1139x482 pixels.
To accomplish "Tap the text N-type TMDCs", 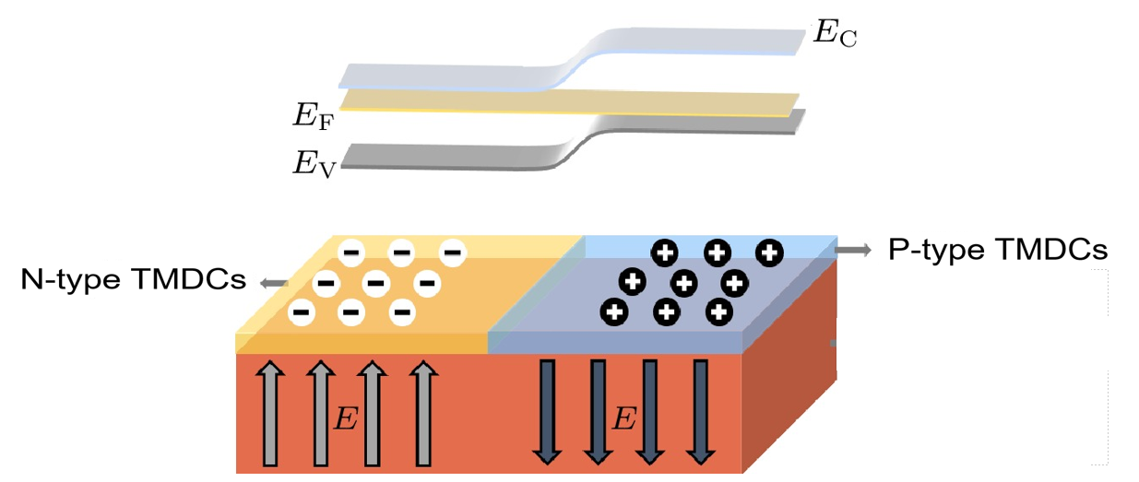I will [x=133, y=279].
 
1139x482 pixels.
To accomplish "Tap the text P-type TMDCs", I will [x=998, y=250].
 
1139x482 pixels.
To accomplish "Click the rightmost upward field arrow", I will [x=423, y=413].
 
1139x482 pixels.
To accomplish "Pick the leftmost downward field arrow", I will [x=546, y=411].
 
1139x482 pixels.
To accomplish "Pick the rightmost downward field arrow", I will [x=702, y=411].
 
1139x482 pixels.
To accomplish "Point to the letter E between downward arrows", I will [x=624, y=420].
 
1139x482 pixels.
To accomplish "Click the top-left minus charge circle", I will [x=350, y=251].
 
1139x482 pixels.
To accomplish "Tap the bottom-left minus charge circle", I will [x=300, y=312].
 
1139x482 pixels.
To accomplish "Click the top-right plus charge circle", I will [x=769, y=252].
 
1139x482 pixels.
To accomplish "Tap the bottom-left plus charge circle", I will [x=614, y=312].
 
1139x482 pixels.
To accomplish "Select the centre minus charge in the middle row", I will [x=375, y=282].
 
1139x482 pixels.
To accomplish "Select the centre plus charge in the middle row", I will [x=683, y=282].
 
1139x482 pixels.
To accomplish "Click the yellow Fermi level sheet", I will [x=553, y=101].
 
